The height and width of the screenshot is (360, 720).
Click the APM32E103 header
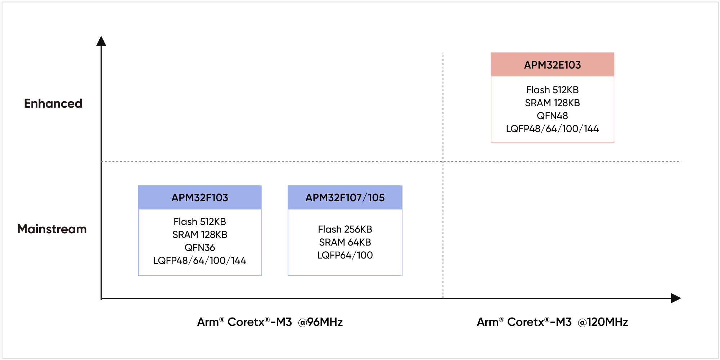pos(552,65)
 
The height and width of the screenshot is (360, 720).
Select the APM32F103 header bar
pos(200,198)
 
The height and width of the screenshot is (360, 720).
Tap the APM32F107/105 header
pos(345,198)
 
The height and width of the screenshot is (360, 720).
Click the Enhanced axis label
pos(53,104)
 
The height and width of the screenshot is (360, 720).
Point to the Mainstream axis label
pos(52,229)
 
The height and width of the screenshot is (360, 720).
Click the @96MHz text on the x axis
pos(320,322)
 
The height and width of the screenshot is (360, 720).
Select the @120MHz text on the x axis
pos(603,322)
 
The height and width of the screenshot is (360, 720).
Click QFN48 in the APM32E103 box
pos(552,116)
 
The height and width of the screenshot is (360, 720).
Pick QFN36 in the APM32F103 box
pos(200,248)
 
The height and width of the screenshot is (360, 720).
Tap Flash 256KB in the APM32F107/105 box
pos(345,229)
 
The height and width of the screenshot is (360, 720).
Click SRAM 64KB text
pos(345,242)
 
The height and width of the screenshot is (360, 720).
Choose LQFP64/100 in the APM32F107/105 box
pos(345,255)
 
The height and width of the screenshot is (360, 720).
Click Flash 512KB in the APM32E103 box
pos(552,90)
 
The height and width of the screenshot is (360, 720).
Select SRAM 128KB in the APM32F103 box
pos(200,235)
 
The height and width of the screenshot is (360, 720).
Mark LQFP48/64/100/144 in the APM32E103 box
pos(552,129)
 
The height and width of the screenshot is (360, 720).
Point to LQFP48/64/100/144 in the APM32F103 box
pos(200,261)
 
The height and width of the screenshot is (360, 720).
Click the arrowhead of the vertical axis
pos(101,41)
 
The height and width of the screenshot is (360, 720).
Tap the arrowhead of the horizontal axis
pos(676,298)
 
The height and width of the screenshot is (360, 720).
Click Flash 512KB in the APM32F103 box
pos(200,222)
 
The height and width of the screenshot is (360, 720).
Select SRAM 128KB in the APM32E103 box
pos(552,103)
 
